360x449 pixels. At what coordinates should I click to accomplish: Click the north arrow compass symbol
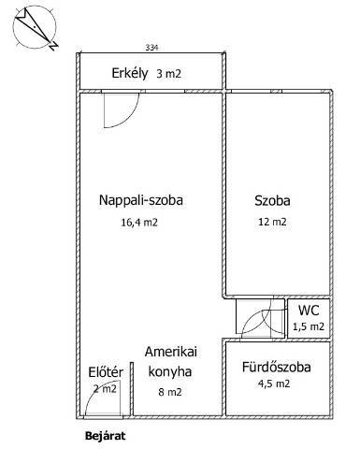click(35, 28)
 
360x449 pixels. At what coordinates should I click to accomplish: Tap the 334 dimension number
click(151, 48)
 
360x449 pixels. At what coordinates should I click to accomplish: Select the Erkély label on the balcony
click(130, 74)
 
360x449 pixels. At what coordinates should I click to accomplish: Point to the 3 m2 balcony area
click(168, 74)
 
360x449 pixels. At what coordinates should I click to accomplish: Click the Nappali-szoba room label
click(141, 200)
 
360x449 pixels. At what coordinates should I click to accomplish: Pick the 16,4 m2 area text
click(139, 223)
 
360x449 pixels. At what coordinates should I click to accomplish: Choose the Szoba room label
click(272, 200)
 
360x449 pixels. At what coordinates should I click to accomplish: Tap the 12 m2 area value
click(272, 222)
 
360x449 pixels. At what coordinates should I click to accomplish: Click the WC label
click(309, 311)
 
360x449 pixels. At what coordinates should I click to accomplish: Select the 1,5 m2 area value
click(309, 326)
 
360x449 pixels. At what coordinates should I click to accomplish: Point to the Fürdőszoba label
click(277, 367)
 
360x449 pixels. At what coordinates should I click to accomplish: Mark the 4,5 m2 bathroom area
click(274, 384)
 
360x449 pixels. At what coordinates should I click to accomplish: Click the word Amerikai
click(171, 352)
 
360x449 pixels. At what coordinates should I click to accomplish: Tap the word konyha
click(170, 371)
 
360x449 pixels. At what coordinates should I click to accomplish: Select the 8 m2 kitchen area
click(170, 392)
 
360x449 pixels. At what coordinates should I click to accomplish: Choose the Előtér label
click(106, 372)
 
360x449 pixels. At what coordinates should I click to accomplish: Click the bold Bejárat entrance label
click(106, 436)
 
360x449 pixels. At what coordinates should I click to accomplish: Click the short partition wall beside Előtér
click(132, 389)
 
